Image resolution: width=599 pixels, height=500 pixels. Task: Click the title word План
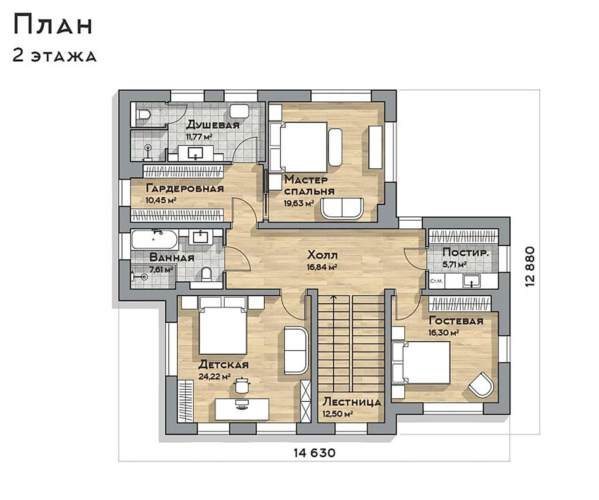click(53, 25)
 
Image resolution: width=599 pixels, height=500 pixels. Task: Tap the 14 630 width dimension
click(314, 453)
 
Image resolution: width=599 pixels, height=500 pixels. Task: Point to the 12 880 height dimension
click(530, 266)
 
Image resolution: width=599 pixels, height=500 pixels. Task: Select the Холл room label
click(322, 255)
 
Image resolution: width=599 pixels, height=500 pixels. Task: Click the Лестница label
click(352, 402)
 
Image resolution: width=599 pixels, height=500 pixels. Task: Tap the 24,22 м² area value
click(215, 376)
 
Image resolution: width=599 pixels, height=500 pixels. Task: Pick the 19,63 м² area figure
click(299, 204)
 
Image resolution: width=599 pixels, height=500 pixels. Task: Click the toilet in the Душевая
click(144, 114)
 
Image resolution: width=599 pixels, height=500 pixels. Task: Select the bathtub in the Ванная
click(154, 240)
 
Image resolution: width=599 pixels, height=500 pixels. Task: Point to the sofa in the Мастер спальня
click(342, 209)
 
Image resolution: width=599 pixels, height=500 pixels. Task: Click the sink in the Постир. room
click(471, 281)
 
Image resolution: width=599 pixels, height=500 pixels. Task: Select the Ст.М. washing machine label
click(436, 281)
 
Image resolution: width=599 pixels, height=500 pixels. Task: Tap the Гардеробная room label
click(185, 189)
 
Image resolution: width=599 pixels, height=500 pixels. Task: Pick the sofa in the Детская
click(296, 350)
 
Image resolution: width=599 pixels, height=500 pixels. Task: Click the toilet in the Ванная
click(206, 274)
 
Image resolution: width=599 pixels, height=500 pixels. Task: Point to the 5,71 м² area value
click(454, 264)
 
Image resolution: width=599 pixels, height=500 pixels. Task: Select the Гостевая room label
click(456, 321)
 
